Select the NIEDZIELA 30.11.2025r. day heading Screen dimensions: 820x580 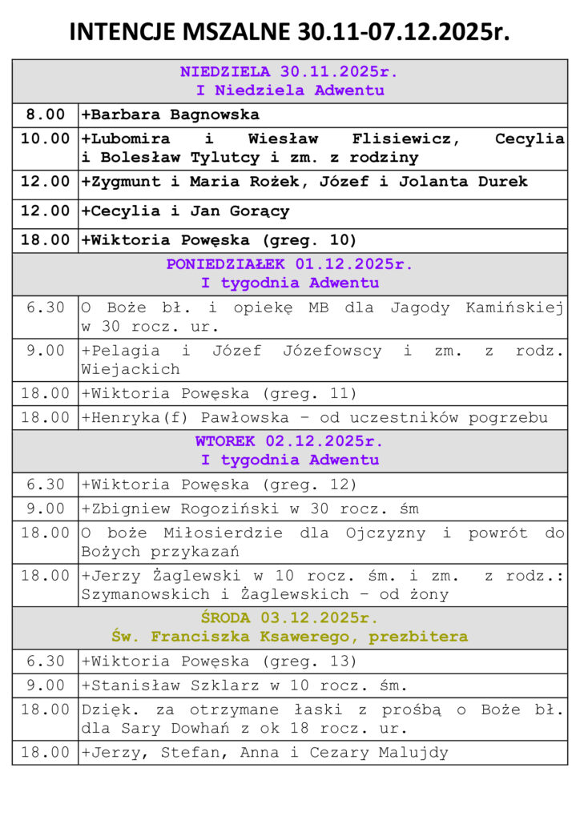click(x=289, y=71)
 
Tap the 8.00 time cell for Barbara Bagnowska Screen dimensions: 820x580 click(x=45, y=115)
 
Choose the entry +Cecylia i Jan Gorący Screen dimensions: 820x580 click(x=185, y=211)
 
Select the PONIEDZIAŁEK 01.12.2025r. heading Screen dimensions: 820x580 click(x=289, y=263)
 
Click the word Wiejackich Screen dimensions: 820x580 click(x=131, y=369)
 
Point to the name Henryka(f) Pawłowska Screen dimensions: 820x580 click(x=189, y=417)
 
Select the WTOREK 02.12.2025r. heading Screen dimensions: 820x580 click(x=289, y=441)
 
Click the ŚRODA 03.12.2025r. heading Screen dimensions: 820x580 click(x=289, y=618)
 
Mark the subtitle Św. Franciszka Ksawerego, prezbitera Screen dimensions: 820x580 click(x=289, y=637)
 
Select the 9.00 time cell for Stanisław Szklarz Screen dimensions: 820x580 click(x=45, y=685)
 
